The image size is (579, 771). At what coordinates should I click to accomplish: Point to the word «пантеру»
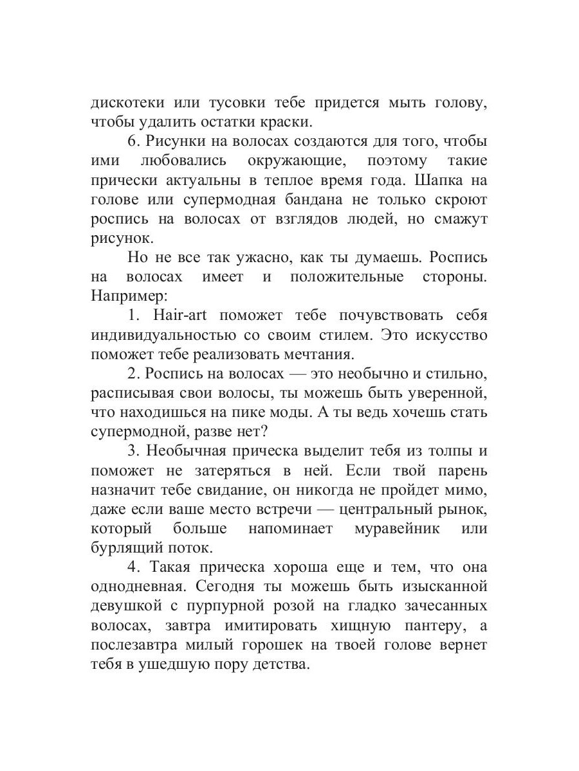430,625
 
